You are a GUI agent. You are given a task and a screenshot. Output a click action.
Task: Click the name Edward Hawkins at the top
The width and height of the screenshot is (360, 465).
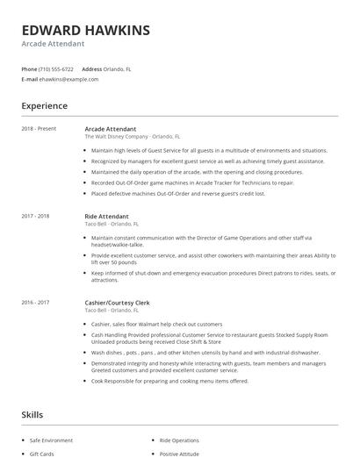pyautogui.click(x=85, y=30)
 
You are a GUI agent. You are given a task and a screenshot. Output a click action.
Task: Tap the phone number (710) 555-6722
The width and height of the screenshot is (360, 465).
pyautogui.click(x=57, y=68)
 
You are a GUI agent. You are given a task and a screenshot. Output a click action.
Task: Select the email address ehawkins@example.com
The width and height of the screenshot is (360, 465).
pyautogui.click(x=69, y=79)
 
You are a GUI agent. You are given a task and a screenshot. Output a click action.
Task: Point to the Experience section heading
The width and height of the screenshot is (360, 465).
pyautogui.click(x=45, y=106)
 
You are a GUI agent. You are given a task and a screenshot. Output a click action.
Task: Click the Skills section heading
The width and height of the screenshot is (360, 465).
pyautogui.click(x=32, y=414)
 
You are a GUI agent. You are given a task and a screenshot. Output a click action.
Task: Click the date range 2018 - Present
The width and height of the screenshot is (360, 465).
pyautogui.click(x=40, y=128)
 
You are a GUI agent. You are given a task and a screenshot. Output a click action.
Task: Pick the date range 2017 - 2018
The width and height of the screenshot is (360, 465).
pyautogui.click(x=36, y=216)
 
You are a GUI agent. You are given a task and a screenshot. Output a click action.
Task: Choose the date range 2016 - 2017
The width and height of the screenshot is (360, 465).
pyautogui.click(x=36, y=303)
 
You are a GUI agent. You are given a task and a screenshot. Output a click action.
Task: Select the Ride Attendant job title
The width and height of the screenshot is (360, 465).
pyautogui.click(x=106, y=216)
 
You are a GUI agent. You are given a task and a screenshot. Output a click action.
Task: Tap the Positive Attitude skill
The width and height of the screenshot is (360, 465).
pyautogui.click(x=178, y=454)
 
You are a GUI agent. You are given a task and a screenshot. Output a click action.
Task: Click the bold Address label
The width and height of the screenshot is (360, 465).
pyautogui.click(x=91, y=68)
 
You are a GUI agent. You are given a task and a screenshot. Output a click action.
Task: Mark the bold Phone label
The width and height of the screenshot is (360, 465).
pyautogui.click(x=29, y=68)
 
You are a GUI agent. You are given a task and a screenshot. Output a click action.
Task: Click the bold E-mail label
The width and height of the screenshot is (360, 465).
pyautogui.click(x=30, y=79)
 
